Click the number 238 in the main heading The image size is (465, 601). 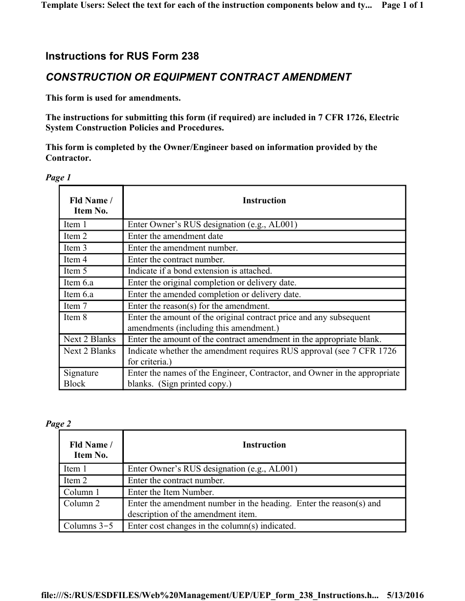(190, 56)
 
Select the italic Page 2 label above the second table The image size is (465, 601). (58, 424)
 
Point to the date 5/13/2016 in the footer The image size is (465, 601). (405, 595)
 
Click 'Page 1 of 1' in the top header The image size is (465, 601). (402, 5)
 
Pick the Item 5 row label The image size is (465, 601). (75, 271)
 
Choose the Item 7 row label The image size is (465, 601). (75, 306)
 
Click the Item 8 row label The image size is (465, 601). (75, 318)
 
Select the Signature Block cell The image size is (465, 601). (81, 378)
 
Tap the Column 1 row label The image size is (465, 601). (81, 492)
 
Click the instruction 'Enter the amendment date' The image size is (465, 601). (175, 236)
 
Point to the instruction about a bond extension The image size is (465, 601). (200, 271)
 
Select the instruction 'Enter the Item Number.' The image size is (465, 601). (171, 492)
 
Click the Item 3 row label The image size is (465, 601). (75, 248)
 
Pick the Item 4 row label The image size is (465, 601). (75, 259)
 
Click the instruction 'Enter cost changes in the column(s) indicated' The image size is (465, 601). (211, 526)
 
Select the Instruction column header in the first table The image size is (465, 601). (264, 200)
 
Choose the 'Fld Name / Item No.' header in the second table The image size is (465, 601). (91, 450)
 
